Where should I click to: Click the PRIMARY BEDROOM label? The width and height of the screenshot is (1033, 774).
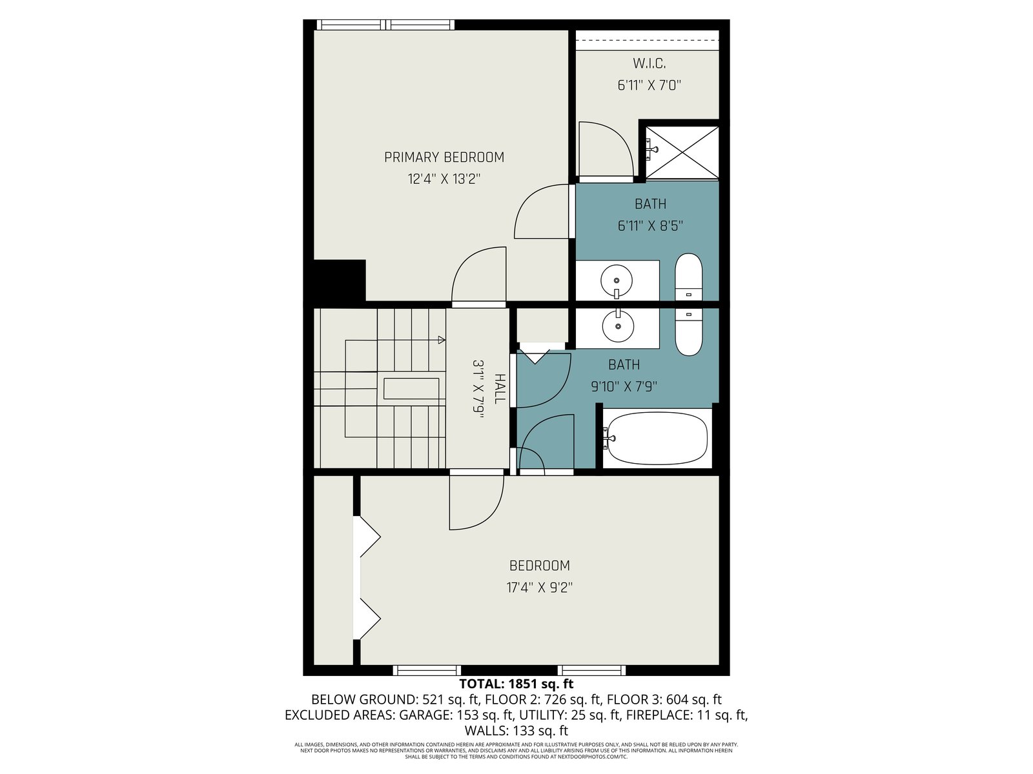point(444,157)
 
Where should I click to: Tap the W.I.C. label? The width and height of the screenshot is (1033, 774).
point(649,63)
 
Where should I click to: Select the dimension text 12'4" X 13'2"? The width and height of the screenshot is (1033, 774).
point(444,179)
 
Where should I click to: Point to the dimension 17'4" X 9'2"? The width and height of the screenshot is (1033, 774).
point(539,588)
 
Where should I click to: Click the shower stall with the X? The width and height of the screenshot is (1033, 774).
point(681,152)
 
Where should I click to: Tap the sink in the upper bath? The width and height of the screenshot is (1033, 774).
point(617,281)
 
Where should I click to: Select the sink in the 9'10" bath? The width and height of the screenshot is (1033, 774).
point(618,325)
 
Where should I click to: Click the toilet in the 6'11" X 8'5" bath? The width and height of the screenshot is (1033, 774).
point(688,277)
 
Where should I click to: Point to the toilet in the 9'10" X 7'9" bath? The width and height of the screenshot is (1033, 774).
point(688,332)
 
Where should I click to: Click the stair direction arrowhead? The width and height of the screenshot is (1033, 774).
point(442,339)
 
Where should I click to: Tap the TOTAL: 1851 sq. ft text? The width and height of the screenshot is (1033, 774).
point(516,683)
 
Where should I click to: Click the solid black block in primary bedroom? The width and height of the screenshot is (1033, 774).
point(340,280)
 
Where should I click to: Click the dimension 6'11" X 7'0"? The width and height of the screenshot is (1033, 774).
point(649,86)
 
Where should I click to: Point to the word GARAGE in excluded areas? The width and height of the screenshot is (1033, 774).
point(426,715)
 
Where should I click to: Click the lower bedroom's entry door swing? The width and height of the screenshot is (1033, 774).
point(476,502)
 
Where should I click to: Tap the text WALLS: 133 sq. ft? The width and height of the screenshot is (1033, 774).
point(516,731)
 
